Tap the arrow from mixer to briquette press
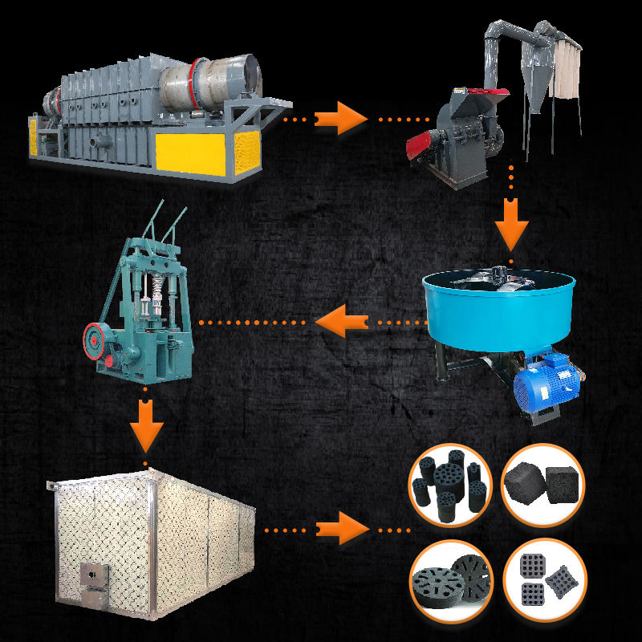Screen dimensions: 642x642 (x=338, y=323)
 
